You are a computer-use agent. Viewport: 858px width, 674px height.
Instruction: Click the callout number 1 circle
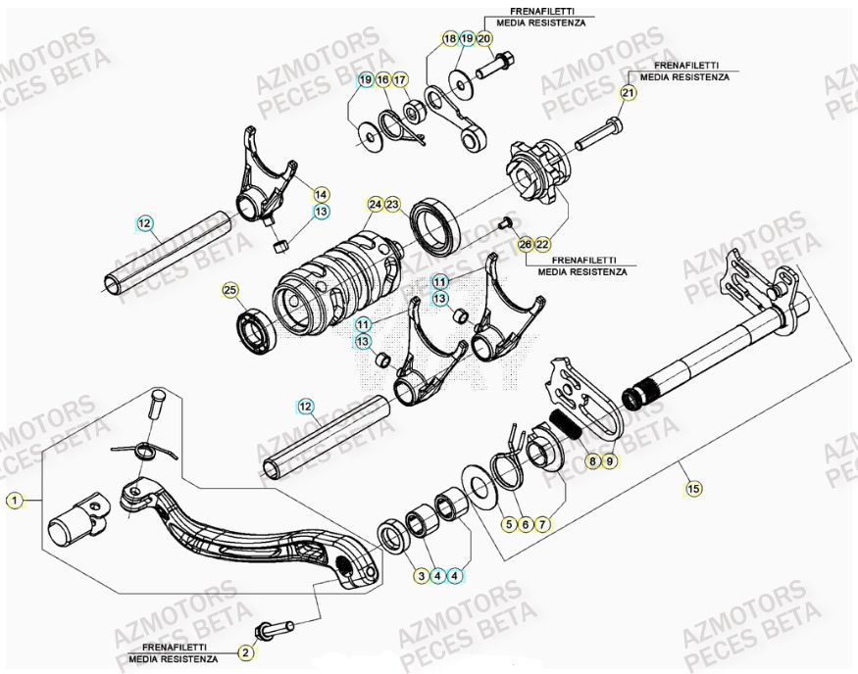coord(14,500)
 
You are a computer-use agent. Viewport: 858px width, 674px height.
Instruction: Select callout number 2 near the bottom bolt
coord(246,650)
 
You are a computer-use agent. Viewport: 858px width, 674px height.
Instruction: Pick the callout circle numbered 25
coord(229,290)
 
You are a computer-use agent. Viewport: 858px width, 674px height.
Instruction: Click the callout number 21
coord(628,93)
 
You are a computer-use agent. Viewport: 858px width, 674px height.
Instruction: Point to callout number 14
coord(322,194)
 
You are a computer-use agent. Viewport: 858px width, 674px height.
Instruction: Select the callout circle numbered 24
coord(375,205)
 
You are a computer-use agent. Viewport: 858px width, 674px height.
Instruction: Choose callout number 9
coord(611,458)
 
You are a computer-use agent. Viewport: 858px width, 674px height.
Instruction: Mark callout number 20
coord(484,38)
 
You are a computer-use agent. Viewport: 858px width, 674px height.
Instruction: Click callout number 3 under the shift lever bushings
coord(420,576)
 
